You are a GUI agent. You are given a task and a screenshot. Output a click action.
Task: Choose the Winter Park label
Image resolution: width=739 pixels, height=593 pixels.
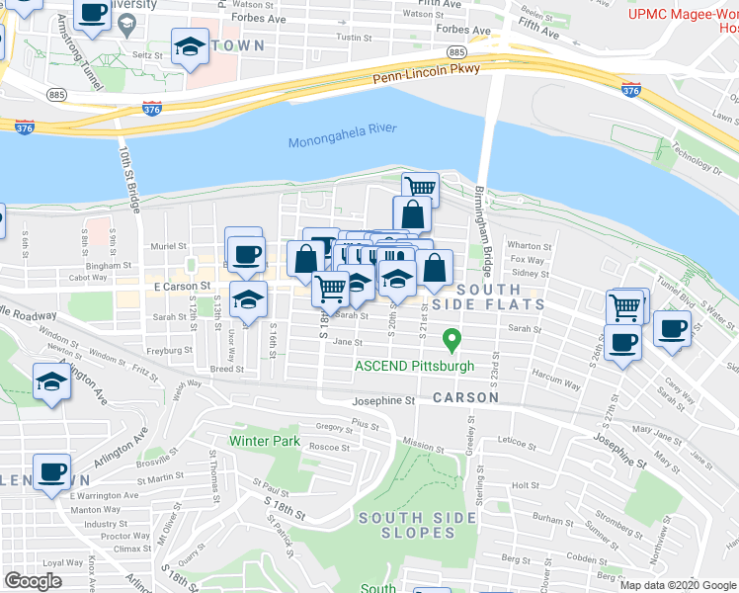(263, 440)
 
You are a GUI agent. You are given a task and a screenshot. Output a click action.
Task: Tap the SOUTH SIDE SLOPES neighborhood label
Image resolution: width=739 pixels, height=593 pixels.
(406, 525)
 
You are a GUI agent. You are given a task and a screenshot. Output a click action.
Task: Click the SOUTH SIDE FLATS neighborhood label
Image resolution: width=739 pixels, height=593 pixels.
(488, 296)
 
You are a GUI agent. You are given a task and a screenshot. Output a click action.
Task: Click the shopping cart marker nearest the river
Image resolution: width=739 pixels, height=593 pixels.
(420, 186)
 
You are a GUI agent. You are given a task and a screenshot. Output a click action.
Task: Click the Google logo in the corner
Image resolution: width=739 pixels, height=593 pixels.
(34, 580)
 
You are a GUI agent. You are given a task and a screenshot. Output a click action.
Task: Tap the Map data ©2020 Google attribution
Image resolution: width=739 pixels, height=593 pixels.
(677, 585)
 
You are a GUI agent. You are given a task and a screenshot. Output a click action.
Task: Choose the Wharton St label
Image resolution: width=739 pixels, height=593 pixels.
(529, 246)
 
